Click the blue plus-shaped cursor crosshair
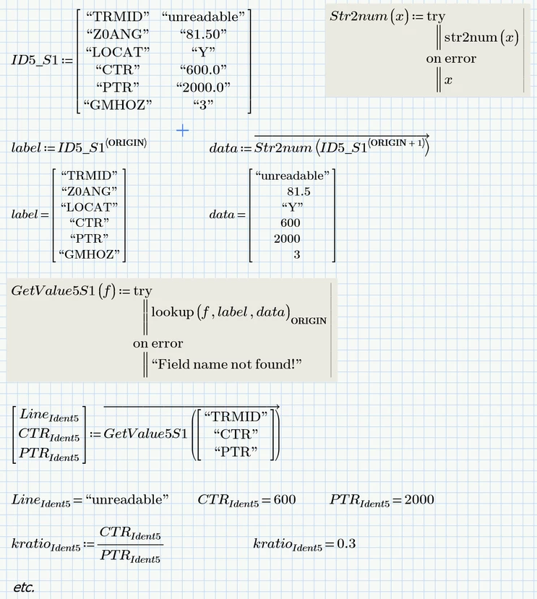coord(183,130)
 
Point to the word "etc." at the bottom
coord(24,587)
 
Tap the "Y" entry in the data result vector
coord(292,207)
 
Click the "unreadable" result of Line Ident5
coord(126,500)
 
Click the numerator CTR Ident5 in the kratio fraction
coord(131,533)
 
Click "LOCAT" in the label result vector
coord(90,207)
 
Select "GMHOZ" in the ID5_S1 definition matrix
coord(119,104)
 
